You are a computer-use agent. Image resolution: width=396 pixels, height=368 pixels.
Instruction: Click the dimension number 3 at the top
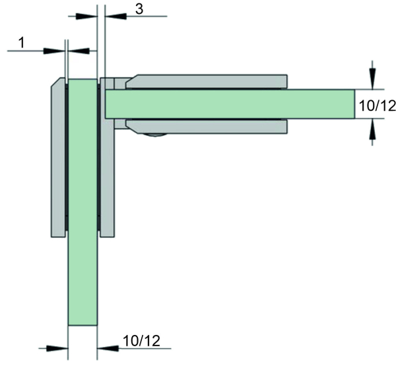[139, 9]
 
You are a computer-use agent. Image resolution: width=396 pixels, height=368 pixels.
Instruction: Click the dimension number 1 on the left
[22, 42]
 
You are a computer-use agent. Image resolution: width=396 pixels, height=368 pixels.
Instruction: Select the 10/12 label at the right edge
[377, 106]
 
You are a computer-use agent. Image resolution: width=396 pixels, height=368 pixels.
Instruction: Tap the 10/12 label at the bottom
[141, 341]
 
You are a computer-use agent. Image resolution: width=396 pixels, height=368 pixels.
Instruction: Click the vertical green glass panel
[82, 202]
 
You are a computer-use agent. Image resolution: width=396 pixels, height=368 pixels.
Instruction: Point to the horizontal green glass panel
[230, 104]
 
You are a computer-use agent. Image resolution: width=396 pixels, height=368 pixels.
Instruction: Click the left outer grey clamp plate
[58, 157]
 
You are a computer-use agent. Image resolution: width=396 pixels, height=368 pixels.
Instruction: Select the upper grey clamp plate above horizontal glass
[207, 81]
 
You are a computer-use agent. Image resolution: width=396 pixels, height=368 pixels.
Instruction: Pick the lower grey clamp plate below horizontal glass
[207, 126]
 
